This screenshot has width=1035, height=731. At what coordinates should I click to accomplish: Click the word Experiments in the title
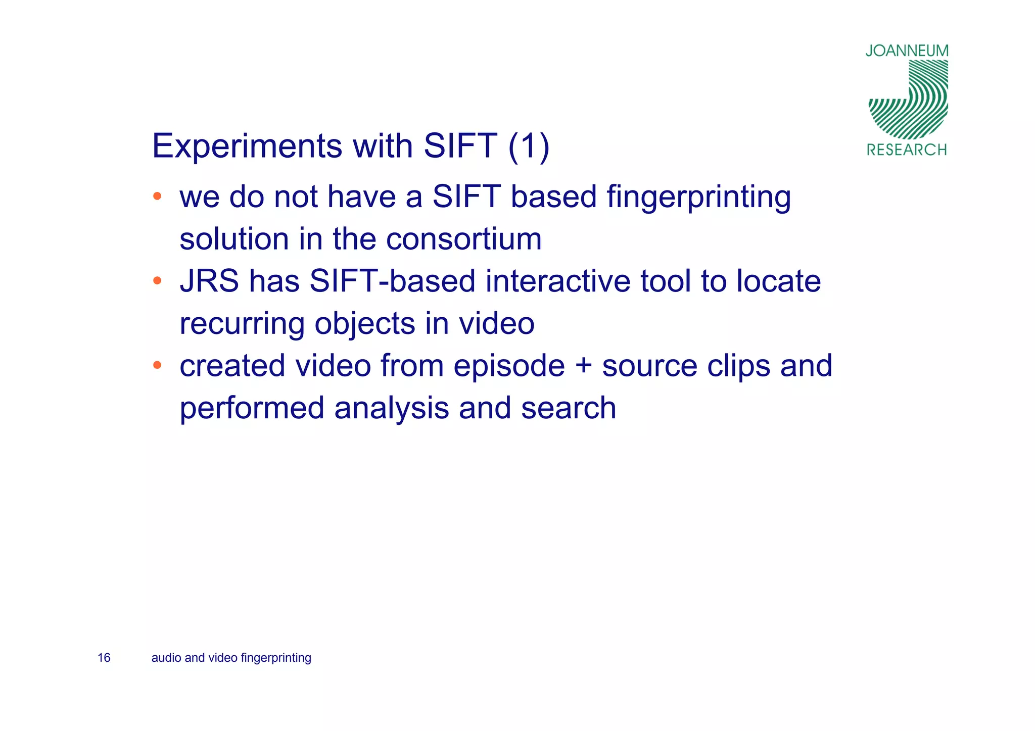(x=247, y=147)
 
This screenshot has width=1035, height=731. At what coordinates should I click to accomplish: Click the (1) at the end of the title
(x=529, y=147)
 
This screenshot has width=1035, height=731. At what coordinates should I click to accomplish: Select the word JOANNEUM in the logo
(x=907, y=51)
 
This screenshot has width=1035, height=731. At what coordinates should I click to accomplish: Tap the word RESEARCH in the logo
(x=907, y=150)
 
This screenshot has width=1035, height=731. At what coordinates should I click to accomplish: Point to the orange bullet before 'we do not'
(x=157, y=196)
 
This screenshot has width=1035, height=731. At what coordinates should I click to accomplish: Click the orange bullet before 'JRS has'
(x=157, y=280)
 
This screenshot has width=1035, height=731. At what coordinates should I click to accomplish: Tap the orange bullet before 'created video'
(x=157, y=365)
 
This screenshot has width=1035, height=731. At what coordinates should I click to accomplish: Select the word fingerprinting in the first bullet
(x=698, y=197)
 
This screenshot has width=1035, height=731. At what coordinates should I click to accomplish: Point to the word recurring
(x=242, y=324)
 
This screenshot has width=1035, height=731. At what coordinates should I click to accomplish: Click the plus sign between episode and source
(x=583, y=366)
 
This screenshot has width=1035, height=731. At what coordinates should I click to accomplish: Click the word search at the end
(x=569, y=408)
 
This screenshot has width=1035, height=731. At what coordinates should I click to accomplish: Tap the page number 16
(x=104, y=658)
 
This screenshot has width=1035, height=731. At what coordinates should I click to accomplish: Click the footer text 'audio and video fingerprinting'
(x=231, y=658)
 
